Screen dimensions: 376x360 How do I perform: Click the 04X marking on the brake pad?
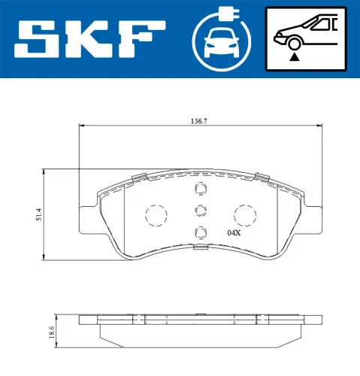(x=234, y=233)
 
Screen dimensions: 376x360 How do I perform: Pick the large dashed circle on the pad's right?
(x=245, y=215)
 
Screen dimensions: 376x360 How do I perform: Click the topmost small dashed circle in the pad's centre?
(x=200, y=190)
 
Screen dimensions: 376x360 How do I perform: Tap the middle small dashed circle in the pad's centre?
(x=200, y=211)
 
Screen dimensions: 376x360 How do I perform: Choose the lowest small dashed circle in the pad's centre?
(x=200, y=232)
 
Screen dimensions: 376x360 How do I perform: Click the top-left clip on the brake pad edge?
(x=137, y=177)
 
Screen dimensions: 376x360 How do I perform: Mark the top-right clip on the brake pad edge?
(x=262, y=177)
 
